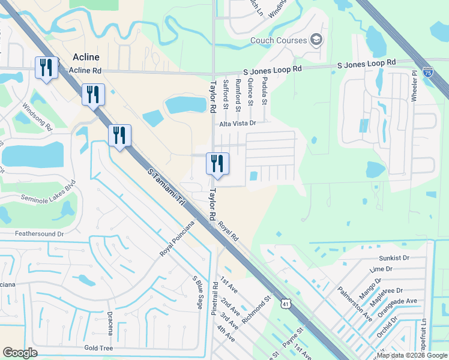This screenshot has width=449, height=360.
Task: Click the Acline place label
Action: (85, 57)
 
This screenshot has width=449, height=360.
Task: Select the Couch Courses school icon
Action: (316, 41)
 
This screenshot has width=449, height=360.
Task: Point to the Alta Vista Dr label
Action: (238, 123)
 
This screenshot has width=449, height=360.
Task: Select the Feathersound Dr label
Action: (40, 233)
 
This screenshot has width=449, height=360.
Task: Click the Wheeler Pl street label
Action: (414, 86)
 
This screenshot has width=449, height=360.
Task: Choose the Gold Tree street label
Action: (99, 348)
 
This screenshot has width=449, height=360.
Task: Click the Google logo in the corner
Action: (20, 353)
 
